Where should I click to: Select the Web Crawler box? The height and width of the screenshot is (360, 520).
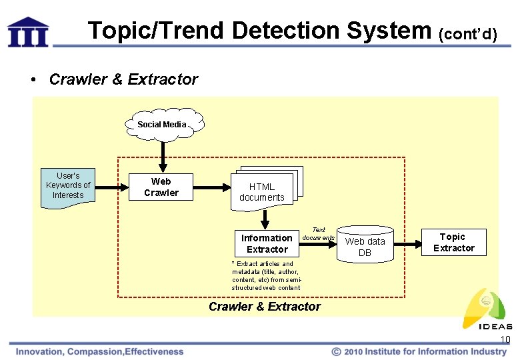pos(161,187)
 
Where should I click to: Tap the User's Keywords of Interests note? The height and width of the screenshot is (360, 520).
pos(68,186)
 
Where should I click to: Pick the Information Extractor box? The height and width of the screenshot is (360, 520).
pos(267,243)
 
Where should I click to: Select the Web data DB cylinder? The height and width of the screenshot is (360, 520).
pos(365,245)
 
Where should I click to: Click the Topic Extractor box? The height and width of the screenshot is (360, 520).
pos(453,242)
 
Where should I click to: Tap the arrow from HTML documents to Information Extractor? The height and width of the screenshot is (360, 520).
pos(265,218)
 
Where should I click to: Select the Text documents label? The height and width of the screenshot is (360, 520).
pos(318,233)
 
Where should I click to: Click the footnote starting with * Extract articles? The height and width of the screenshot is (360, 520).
pos(265,276)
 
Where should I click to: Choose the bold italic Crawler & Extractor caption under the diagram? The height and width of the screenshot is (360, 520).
pos(264,307)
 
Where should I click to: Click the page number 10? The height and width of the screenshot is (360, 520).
pos(505,340)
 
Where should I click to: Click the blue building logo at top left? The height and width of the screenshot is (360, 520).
pos(28,31)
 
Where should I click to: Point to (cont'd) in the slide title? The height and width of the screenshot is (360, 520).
pos(467,33)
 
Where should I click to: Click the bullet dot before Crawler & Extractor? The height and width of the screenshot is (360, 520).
pos(33,80)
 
